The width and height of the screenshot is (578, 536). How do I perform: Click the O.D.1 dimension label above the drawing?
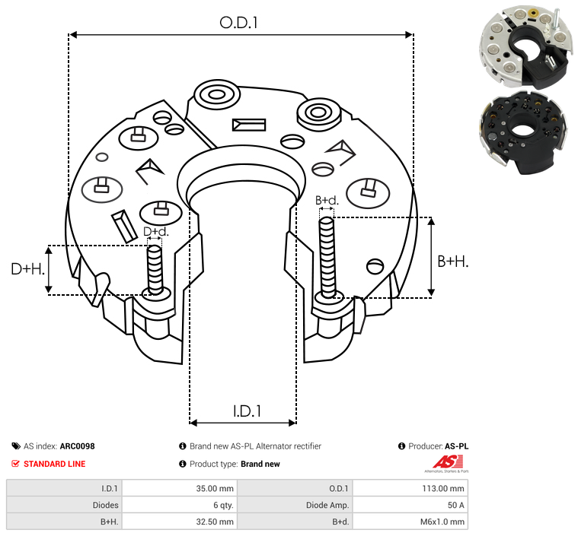238,23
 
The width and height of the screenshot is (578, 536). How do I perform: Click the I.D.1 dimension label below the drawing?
247,411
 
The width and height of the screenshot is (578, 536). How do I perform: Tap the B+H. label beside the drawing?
452,262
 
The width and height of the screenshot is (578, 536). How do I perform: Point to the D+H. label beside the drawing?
27,269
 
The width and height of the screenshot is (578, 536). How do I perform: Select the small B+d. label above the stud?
327,200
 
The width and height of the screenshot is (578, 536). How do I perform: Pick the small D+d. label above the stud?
155,232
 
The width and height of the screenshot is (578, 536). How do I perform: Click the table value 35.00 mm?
215,489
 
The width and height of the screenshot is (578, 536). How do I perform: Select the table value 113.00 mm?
443,489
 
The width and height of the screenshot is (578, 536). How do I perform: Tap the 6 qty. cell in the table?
223,505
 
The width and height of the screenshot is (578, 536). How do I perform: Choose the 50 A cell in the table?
455,505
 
